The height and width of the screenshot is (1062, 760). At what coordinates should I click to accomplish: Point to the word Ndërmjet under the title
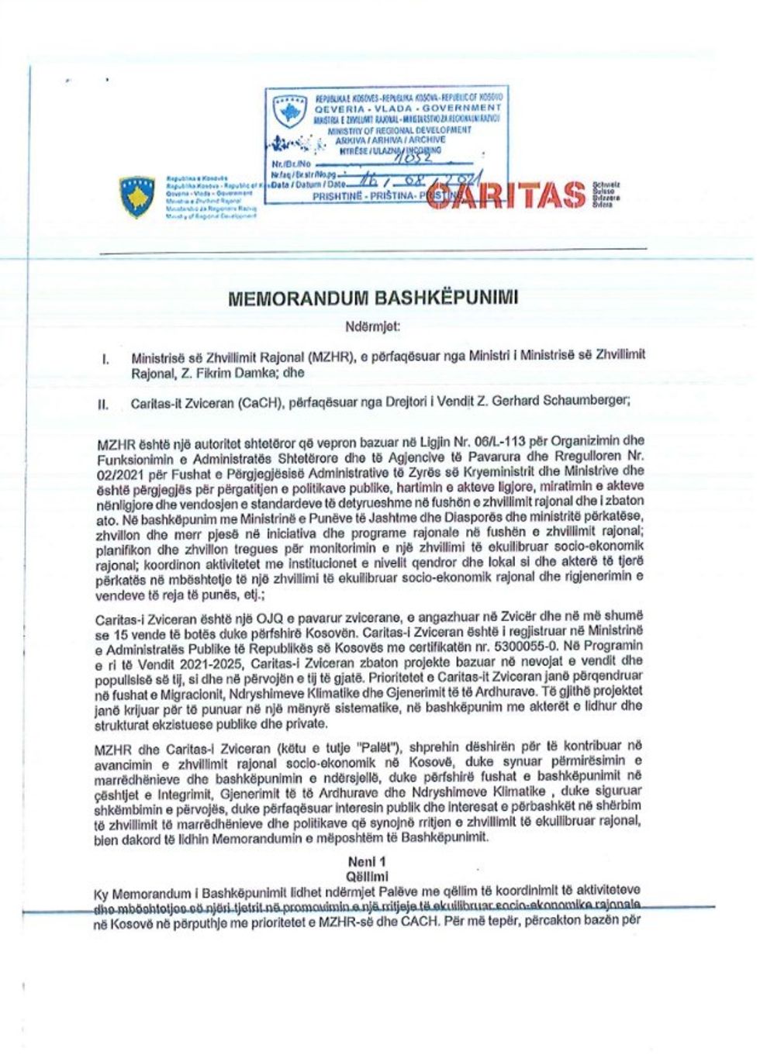click(374, 326)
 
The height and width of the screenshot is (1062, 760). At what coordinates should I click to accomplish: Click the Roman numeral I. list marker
click(105, 358)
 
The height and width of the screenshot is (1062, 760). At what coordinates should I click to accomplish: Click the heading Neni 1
click(368, 861)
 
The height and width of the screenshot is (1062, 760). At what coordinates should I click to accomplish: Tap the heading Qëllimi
click(368, 876)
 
